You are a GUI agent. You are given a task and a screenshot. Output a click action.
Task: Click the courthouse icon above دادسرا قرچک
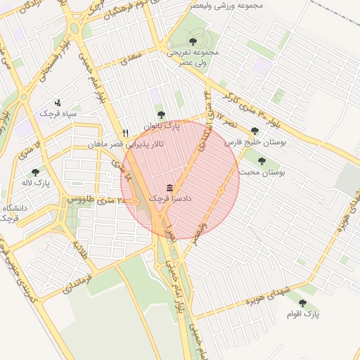click(x=169, y=188)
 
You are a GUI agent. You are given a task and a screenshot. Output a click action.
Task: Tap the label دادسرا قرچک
click(x=169, y=200)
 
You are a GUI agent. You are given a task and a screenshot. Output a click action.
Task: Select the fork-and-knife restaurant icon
click(x=125, y=132)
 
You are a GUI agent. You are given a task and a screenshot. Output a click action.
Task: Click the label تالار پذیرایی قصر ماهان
click(x=125, y=144)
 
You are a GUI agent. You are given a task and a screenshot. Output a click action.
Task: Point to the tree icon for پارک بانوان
click(x=161, y=115)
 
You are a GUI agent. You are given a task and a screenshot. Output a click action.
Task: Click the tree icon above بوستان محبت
click(x=262, y=161)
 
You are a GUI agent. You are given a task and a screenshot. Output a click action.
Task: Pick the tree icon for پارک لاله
click(x=35, y=172)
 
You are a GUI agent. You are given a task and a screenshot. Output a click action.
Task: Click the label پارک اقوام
click(x=307, y=314)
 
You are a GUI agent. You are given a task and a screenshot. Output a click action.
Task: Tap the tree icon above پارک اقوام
click(x=303, y=303)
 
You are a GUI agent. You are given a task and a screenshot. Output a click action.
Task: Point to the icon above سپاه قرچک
click(x=58, y=102)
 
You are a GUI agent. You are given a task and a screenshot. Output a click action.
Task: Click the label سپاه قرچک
click(x=58, y=113)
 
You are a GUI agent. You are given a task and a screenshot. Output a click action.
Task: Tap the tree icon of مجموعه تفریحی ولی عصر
click(x=193, y=41)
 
